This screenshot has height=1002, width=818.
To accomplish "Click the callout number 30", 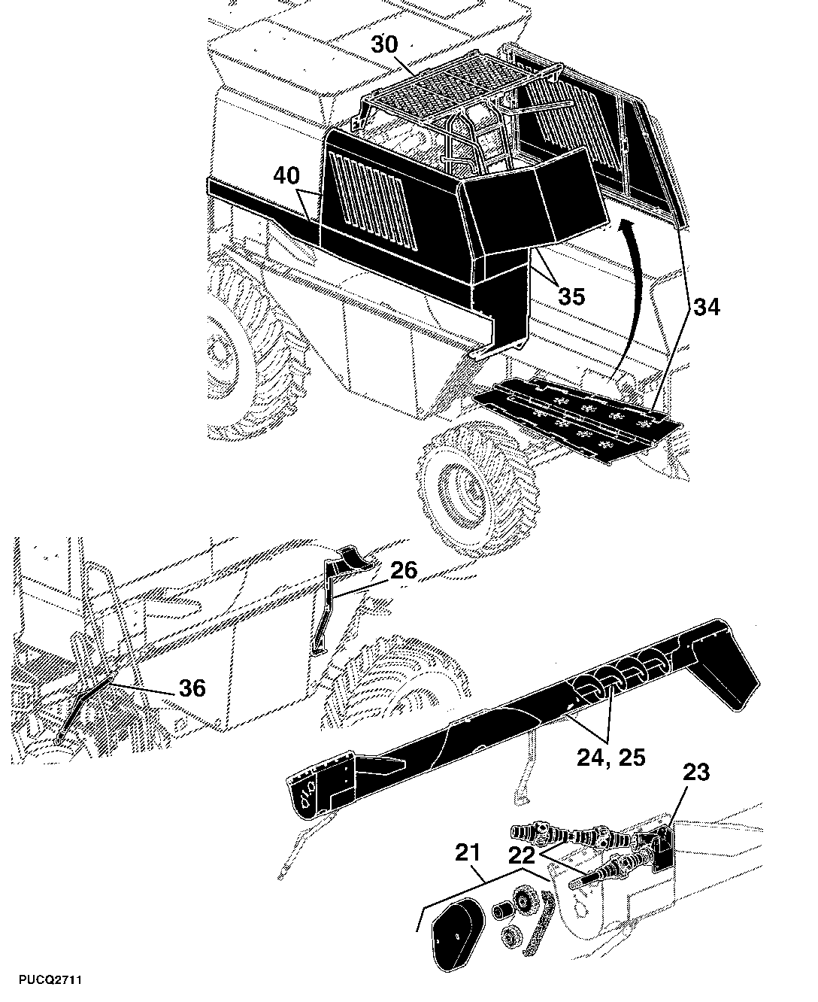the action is coord(384,44).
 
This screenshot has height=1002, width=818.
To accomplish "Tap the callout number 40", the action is coord(286,176).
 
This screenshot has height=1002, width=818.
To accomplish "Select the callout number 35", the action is coord(571,296).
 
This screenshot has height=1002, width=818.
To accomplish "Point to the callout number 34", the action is coord(707,308).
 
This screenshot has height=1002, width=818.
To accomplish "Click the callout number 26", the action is coord(404,570).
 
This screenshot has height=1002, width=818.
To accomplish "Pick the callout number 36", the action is coord(192,688).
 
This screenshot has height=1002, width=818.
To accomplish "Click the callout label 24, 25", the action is coord(611,757).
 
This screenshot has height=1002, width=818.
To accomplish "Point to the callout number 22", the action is coord(522,855).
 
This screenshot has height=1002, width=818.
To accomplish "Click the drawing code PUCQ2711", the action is coord(50,980).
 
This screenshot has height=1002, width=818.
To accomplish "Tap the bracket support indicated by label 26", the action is coord(339,601).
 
